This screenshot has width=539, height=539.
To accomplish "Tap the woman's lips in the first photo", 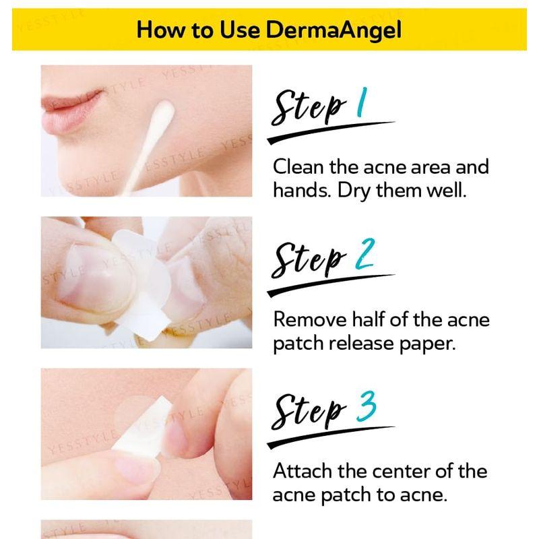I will pyautogui.click(x=71, y=104).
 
